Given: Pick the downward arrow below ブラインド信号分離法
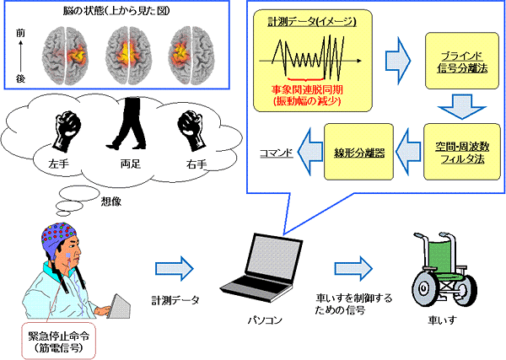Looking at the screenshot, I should pyautogui.click(x=458, y=105).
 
